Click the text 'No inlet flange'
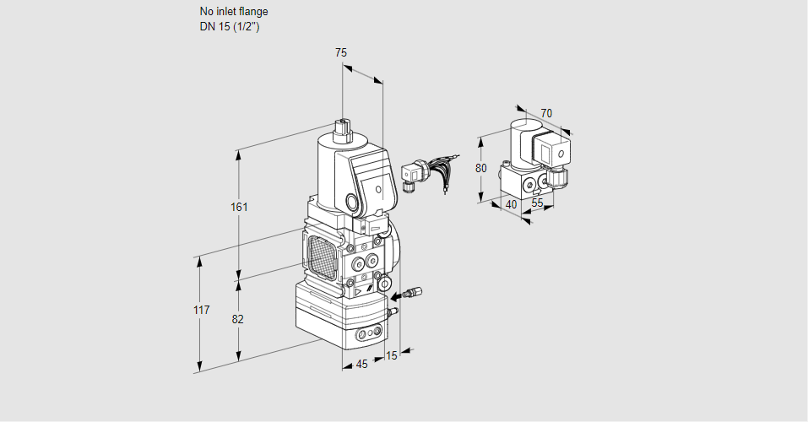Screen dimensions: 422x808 click(234, 12)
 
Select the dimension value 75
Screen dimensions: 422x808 click(340, 52)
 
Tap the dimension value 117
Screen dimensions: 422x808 click(200, 310)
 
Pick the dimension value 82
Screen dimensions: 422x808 click(238, 319)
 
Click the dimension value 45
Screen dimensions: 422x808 click(361, 365)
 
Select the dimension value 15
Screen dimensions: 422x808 click(391, 355)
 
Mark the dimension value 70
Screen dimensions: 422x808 click(546, 113)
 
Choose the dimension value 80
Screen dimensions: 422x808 click(480, 167)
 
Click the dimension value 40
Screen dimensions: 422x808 click(511, 203)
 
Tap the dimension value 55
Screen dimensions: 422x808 click(537, 203)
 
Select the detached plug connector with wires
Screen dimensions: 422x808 click(414, 172)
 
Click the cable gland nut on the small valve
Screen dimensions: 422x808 click(559, 179)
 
